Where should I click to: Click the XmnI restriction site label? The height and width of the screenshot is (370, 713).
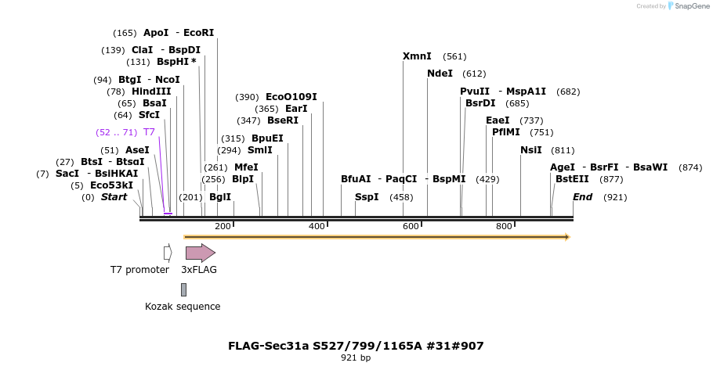coord(417,56)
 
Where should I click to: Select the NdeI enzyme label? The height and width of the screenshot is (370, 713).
coord(440,74)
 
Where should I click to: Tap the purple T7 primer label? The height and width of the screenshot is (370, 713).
coord(149,132)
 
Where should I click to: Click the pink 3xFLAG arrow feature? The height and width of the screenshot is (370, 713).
coord(200,253)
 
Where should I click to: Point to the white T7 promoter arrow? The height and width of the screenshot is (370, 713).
coord(168,253)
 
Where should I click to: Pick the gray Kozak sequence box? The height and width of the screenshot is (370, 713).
coord(183,289)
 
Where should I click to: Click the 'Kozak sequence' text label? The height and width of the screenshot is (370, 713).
coord(183,307)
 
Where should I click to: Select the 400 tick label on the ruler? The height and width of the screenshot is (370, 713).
coord(317,227)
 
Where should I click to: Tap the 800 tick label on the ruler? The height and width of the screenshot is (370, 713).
coord(504,227)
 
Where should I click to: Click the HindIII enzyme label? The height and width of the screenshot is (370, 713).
coord(151,92)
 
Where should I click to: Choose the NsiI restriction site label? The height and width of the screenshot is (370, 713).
coord(531,150)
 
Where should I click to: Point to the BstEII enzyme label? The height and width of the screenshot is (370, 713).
coord(572,179)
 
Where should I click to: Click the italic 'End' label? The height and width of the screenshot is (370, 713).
coord(582,197)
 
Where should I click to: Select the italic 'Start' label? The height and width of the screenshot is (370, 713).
coord(114,197)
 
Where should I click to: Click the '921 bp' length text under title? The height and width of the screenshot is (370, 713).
coord(356,358)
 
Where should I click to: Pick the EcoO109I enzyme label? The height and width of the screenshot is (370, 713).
coord(291,97)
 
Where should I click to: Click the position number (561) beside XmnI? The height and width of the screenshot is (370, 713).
coord(454,56)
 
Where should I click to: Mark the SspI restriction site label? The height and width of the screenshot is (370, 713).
coord(367,197)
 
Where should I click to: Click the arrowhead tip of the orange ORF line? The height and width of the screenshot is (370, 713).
coord(567,236)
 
